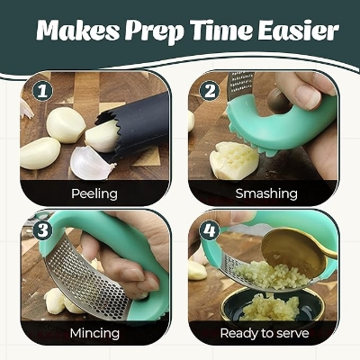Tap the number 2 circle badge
coord(210,91)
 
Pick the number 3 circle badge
coord(40,229)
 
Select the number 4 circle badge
coord(210,229)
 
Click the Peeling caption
coord(94,193)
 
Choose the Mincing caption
coord(94,333)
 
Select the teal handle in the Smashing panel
coord(288,135)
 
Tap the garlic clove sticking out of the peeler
coord(101,136)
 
